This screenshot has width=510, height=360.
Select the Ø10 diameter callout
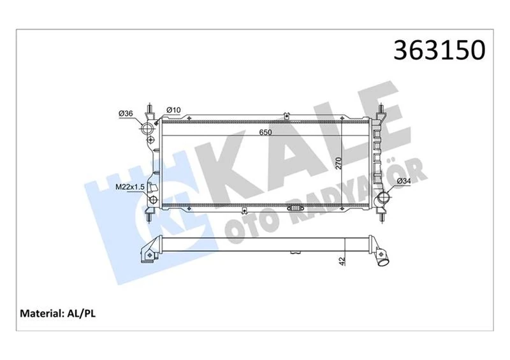173,110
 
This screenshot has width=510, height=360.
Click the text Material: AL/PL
59,314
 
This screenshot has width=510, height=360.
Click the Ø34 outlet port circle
384,199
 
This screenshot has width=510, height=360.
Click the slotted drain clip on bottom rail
298,208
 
